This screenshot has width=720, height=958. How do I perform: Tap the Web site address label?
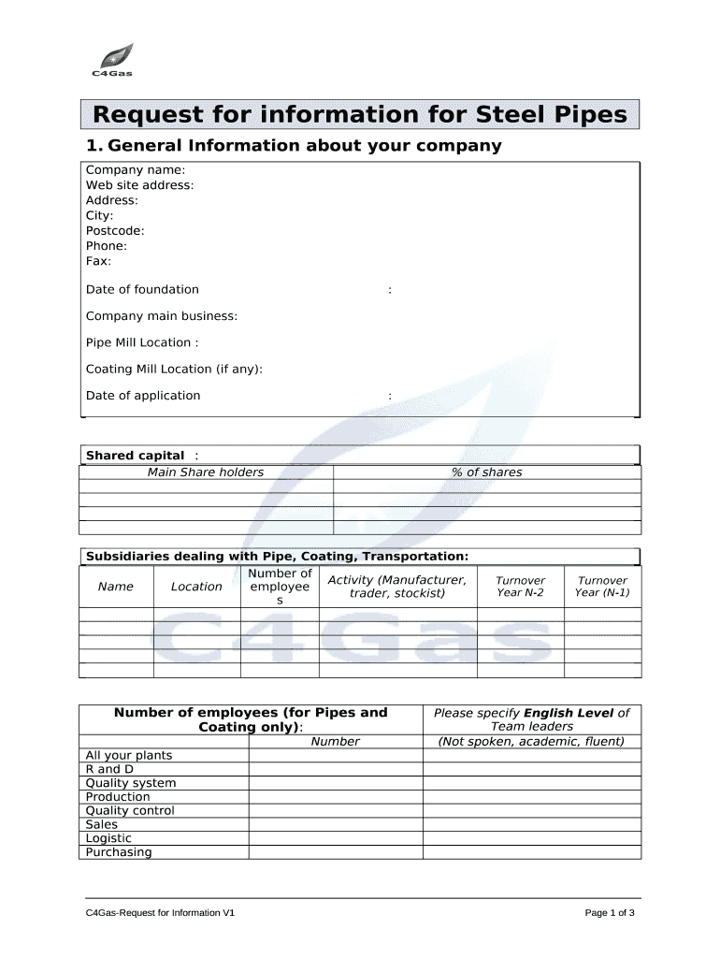point(140,185)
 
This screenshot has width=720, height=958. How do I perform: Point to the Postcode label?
point(115,231)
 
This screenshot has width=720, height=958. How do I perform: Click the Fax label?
point(98,261)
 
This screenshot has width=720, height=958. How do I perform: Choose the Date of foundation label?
point(142,290)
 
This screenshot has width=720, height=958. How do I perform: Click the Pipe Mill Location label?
point(142,342)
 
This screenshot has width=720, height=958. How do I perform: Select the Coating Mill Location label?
point(174,369)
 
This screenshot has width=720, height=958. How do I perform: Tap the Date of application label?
point(143,396)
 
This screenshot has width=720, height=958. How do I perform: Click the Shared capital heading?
point(136,456)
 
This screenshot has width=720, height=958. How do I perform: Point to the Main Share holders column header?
point(206,472)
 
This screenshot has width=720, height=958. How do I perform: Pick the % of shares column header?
point(487,472)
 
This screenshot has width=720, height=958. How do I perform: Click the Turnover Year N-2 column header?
point(520,587)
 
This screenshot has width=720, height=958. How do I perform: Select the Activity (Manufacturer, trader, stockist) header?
point(397,587)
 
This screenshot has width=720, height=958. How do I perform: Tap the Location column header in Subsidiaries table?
point(196,587)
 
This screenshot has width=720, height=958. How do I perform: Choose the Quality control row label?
point(130,811)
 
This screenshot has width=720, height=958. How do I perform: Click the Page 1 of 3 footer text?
point(610,913)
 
